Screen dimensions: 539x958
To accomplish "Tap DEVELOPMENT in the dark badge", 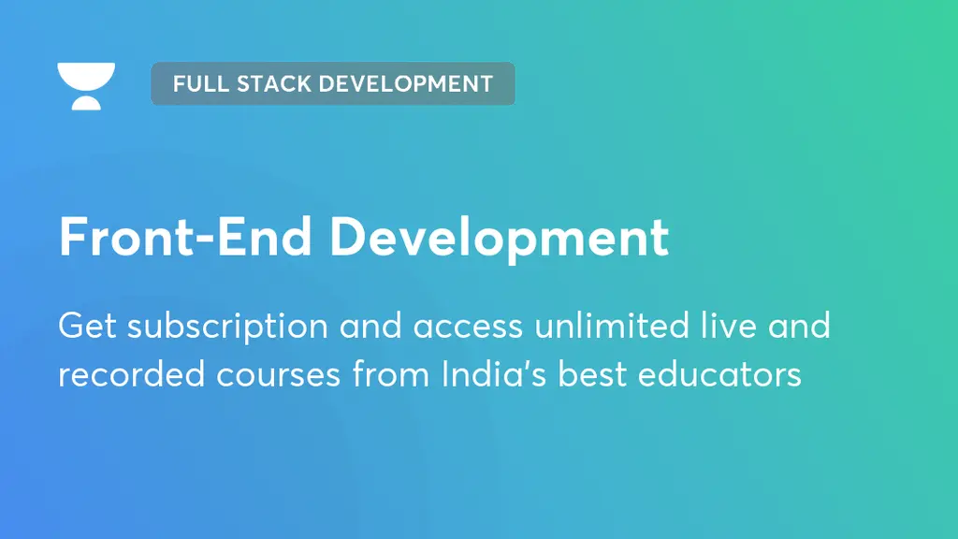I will [x=405, y=83].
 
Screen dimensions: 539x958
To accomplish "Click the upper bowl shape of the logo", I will [x=86, y=76].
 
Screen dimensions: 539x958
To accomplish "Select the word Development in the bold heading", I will [x=500, y=238].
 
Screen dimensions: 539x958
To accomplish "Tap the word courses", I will [x=278, y=374].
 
